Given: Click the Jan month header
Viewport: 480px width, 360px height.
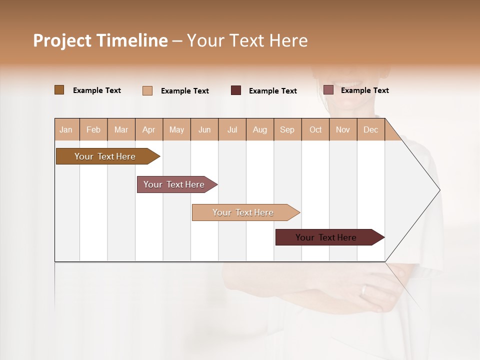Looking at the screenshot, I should (66, 129).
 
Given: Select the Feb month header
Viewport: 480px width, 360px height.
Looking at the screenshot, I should (93, 129).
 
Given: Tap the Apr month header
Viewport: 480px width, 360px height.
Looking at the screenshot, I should (149, 129).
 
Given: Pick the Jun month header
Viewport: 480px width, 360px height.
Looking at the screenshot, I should (204, 129).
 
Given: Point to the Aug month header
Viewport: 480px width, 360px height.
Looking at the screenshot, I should (260, 129).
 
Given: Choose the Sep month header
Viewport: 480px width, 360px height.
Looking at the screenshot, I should (287, 129).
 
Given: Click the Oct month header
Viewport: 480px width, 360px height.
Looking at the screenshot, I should (315, 129).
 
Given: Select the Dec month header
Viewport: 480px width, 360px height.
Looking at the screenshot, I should (371, 129).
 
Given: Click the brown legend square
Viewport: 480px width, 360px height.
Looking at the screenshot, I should (59, 90).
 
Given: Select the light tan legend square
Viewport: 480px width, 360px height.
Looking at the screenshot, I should (147, 90).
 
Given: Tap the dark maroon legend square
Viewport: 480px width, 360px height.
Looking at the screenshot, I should (236, 90).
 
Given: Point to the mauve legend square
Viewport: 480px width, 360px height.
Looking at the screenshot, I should (328, 90).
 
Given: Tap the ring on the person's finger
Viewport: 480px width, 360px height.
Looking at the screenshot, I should (364, 290).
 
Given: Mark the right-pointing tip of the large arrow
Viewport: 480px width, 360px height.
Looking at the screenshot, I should (439, 190).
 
